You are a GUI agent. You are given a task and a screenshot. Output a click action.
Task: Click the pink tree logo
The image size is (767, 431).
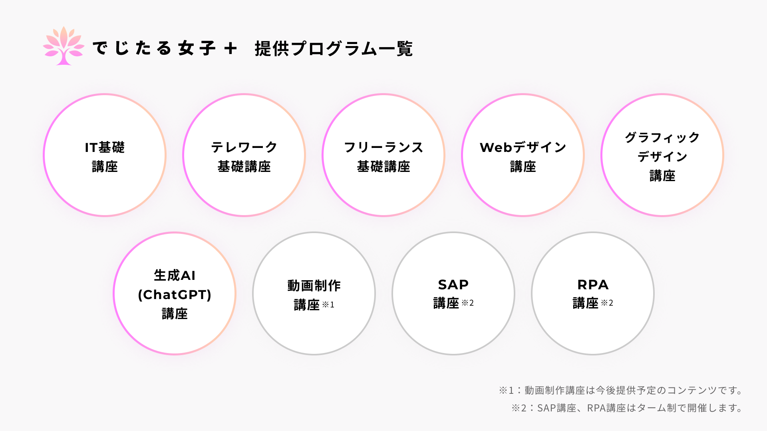click(x=64, y=46)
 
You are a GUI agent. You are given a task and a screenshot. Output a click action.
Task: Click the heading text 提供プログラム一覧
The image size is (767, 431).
click(x=334, y=49)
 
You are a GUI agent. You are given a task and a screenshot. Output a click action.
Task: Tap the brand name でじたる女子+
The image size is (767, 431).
click(x=164, y=48)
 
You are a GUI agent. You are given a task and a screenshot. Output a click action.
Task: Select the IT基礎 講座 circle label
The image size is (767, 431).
click(x=105, y=156)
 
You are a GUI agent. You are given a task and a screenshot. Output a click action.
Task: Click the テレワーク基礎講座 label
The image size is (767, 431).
click(x=244, y=156)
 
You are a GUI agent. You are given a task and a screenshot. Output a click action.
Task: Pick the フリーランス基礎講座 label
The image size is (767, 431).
click(x=383, y=156)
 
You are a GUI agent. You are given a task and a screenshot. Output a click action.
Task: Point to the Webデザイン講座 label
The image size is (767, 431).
click(x=523, y=156)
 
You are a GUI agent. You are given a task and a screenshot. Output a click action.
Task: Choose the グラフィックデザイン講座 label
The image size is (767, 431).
click(x=662, y=156)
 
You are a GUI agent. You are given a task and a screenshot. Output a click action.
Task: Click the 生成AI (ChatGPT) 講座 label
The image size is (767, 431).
click(x=175, y=294)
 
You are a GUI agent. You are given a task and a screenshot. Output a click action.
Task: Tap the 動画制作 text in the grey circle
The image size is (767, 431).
click(x=314, y=285)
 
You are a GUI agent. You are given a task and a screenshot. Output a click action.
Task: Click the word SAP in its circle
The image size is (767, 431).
click(x=453, y=285)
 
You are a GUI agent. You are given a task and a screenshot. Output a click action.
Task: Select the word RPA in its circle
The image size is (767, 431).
click(x=593, y=285)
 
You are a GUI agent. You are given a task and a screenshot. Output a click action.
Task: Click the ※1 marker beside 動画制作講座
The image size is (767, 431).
click(x=328, y=305)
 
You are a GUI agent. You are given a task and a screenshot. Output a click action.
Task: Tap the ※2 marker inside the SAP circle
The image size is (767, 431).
click(x=467, y=303)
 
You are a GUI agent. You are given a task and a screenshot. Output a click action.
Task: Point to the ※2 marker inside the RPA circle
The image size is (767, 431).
click(x=607, y=303)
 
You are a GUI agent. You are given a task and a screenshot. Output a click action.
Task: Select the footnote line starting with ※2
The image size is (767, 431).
click(x=627, y=408)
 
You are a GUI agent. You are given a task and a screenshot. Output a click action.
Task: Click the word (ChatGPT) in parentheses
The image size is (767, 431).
click(x=175, y=295)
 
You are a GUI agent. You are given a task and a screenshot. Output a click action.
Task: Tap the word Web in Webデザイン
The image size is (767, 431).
click(x=496, y=148)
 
